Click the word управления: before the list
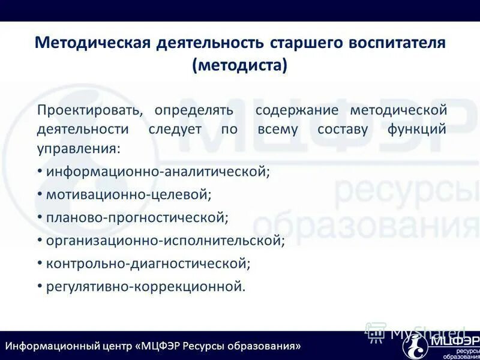(79, 148)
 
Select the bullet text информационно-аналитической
(158, 172)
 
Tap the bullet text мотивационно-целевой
(129, 194)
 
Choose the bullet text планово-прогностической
(137, 217)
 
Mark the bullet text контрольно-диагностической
(148, 263)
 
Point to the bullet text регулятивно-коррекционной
(146, 286)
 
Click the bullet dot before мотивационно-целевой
(40, 194)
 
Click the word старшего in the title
(298, 43)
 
